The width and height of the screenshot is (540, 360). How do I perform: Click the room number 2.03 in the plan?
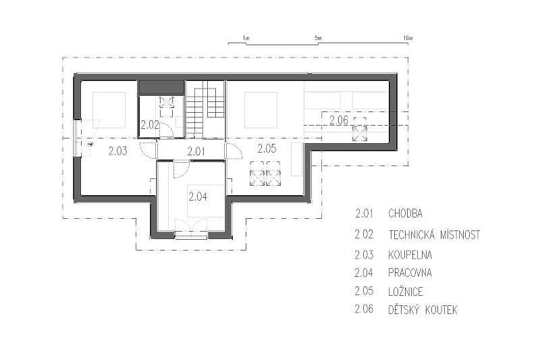pos(117,151)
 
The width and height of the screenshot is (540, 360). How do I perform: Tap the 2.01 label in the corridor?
pos(196,151)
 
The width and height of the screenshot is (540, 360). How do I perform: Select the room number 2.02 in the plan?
pos(150,125)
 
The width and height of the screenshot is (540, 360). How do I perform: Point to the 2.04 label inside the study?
pos(198,197)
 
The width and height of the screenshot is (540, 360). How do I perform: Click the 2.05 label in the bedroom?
pos(267,149)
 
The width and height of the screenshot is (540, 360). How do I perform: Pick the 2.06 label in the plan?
pos(339,120)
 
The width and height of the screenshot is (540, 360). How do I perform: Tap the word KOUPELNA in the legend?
pos(410,255)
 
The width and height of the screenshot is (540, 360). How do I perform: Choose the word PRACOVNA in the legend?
pos(410,273)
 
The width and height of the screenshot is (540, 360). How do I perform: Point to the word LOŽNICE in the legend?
pos(406,292)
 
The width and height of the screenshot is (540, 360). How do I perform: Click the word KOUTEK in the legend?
pos(441,310)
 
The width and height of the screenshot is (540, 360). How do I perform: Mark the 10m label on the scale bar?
pos(408,38)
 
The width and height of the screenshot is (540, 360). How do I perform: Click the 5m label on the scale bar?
pos(318,38)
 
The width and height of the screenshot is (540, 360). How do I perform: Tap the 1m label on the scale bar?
pos(246,38)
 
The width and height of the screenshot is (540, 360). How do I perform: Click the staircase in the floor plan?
pos(206,109)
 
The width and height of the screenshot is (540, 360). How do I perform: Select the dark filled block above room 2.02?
pos(161,87)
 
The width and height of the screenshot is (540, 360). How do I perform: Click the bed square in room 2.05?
pos(261,110)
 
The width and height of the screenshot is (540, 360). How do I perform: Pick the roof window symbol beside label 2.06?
pos(360,134)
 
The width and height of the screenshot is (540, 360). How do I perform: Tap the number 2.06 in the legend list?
pos(364,309)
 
